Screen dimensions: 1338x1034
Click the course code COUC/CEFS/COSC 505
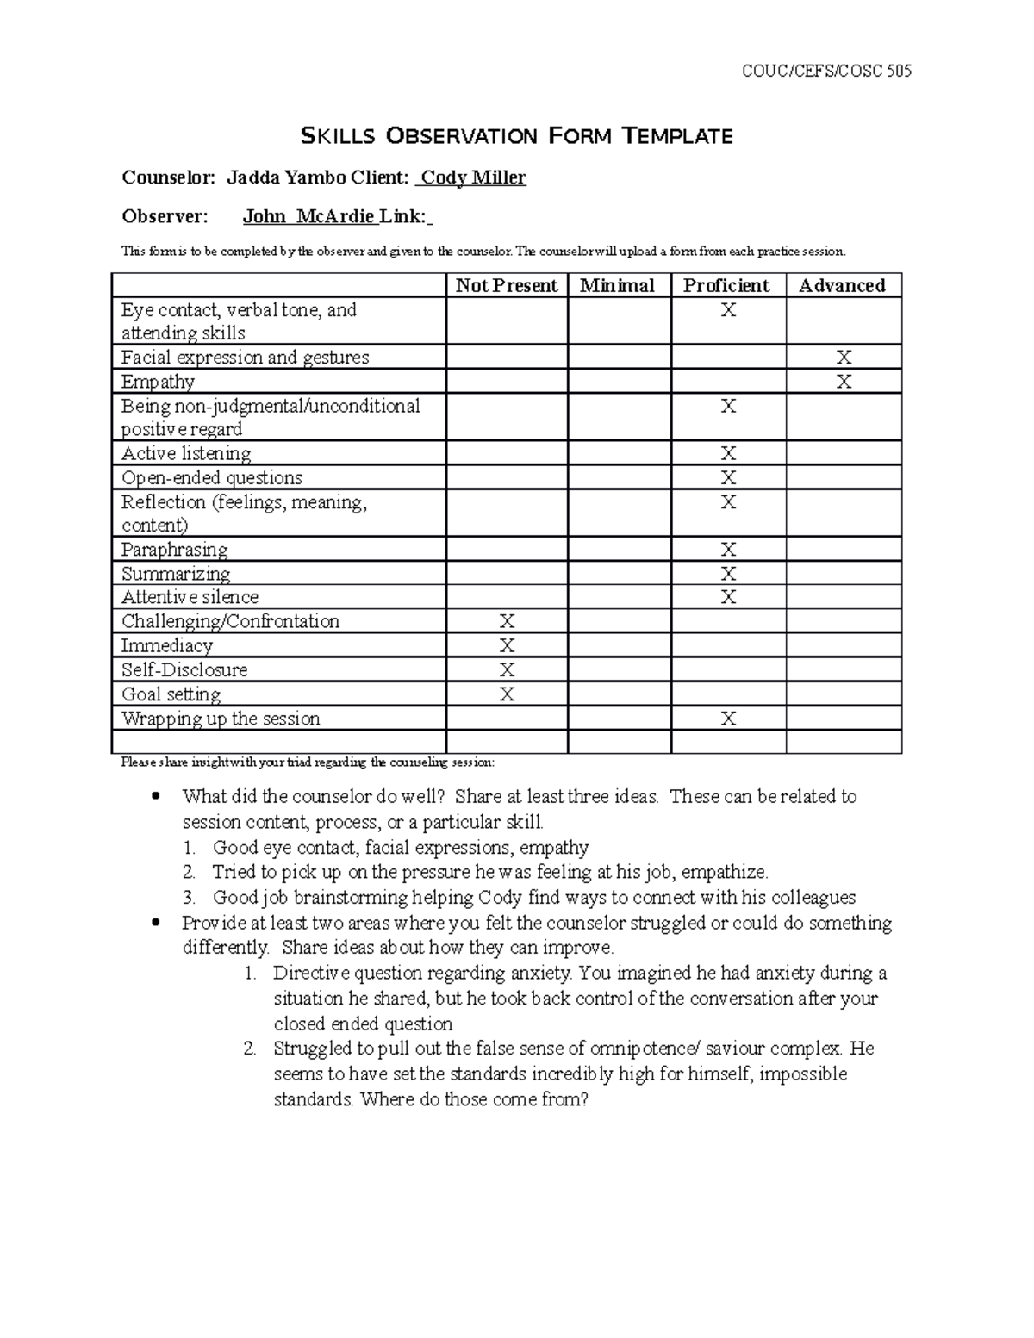[x=826, y=72]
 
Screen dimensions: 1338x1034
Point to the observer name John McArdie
[x=308, y=216]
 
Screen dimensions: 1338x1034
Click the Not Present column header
[x=506, y=286]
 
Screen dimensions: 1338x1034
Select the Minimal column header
[x=617, y=286]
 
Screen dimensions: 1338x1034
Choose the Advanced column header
[x=842, y=286]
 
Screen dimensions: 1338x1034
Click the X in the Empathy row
[x=844, y=382]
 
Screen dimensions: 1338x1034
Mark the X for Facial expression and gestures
[x=844, y=358]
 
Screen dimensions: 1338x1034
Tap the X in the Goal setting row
[x=507, y=694]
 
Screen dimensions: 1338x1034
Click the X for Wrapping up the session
[x=728, y=719]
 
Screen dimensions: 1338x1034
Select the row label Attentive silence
[x=190, y=597]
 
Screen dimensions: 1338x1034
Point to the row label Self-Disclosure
[x=184, y=670]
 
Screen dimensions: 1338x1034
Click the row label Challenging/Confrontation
[x=230, y=621]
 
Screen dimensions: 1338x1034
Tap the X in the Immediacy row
[x=507, y=646]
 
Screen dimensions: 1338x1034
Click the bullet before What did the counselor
[x=155, y=796]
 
